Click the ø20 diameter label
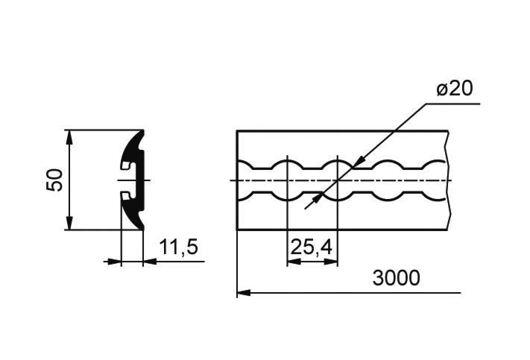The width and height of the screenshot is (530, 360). click(455, 89)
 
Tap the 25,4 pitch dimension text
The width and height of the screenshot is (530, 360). click(311, 247)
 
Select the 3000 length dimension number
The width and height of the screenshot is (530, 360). click(396, 278)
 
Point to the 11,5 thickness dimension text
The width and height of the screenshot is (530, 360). click(178, 247)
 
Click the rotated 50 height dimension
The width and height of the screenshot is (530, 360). click(54, 180)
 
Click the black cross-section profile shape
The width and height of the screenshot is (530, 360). click(138, 180)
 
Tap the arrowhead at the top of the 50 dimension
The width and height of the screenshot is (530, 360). click(69, 136)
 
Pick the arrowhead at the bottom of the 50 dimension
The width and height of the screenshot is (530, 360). click(69, 223)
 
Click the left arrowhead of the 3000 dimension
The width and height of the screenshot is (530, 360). click(244, 292)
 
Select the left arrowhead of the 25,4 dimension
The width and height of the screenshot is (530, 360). click(294, 262)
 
